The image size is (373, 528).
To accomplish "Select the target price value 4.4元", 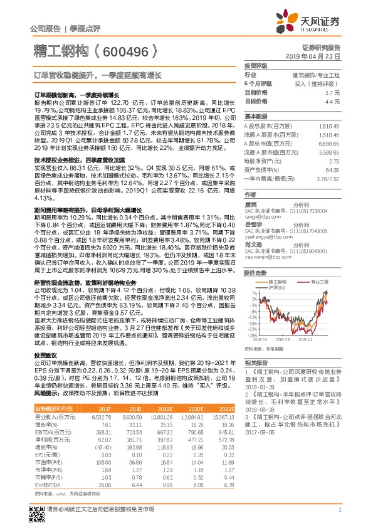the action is click(333, 100).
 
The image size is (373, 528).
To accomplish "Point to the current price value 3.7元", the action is click(333, 92).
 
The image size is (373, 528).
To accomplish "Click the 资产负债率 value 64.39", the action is click(332, 169).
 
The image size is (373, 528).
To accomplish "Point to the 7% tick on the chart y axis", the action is click(253, 293).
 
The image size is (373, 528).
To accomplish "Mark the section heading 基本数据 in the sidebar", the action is click(255, 117).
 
